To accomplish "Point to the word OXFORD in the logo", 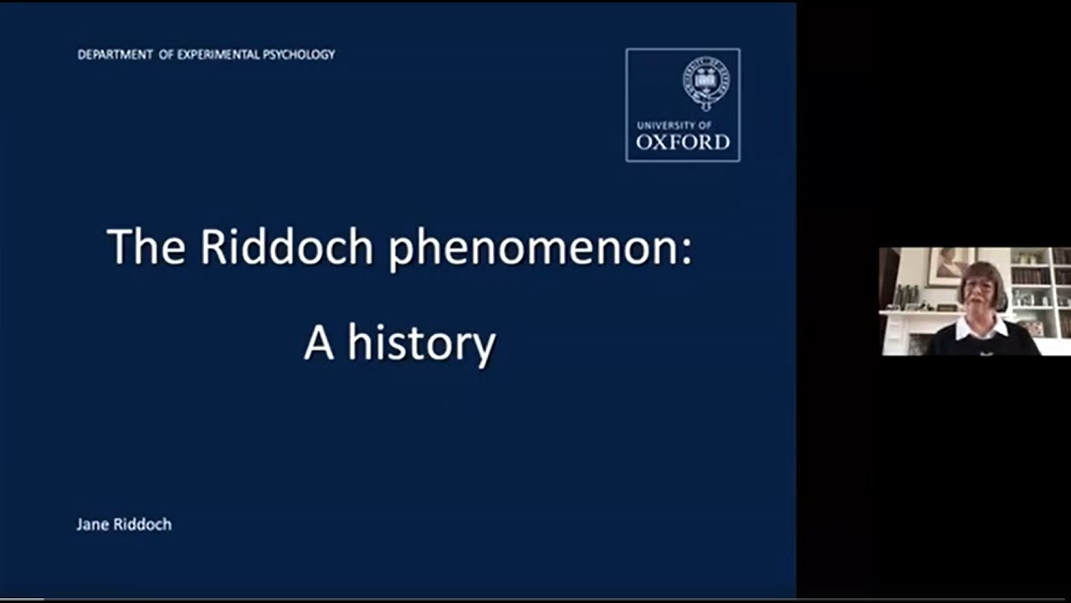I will coord(683,142).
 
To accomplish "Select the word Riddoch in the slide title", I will coord(286,247).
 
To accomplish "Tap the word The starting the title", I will coord(146,247).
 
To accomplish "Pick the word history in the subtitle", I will coord(422,343).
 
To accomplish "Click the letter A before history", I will coord(319,343).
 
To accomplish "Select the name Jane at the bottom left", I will coord(91,524).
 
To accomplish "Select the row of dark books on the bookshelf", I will coord(1030,276).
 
